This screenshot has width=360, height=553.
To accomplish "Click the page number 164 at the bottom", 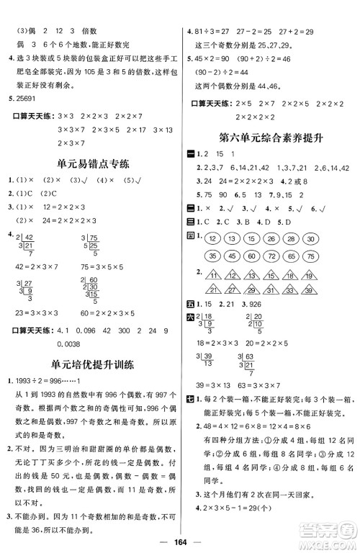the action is (x=181, y=541).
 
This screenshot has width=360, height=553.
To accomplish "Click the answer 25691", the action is (x=27, y=96).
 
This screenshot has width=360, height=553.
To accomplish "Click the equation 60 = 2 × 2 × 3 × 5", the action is (x=117, y=314).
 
